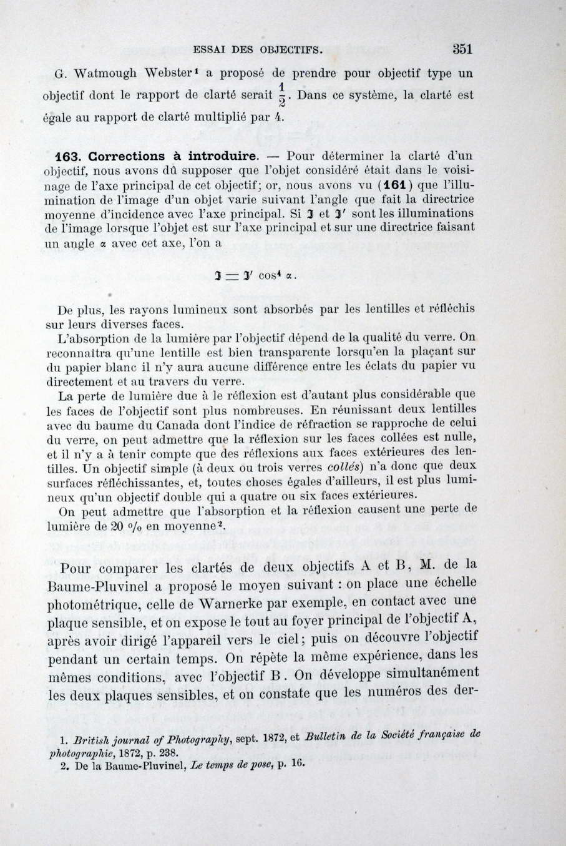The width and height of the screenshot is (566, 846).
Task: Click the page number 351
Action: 461,49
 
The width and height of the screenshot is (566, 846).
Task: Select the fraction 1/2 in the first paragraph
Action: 281,94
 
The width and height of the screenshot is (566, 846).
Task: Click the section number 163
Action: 70,156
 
